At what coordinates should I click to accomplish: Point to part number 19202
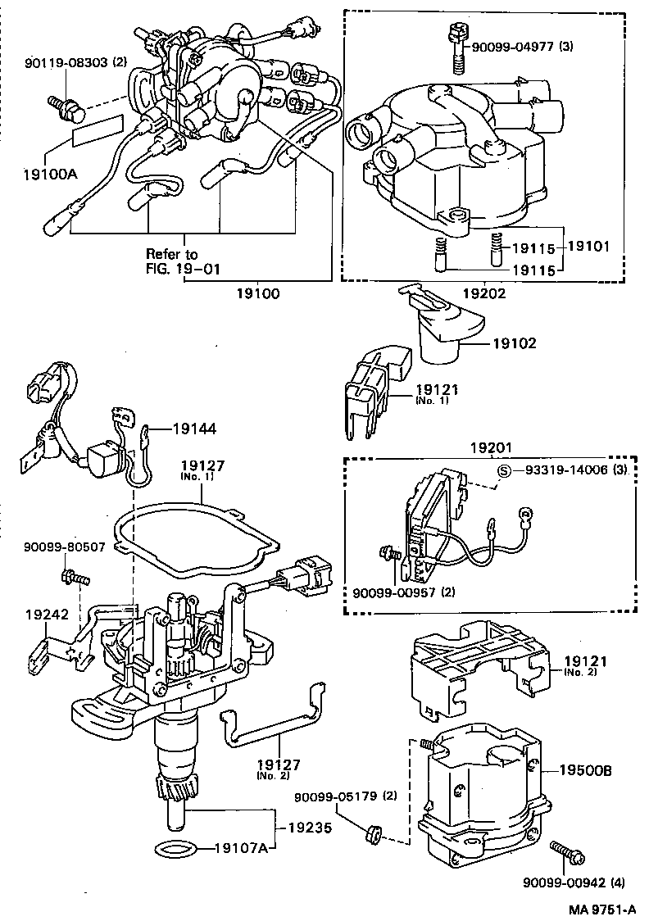point(484,292)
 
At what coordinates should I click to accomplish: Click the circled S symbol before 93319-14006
point(506,470)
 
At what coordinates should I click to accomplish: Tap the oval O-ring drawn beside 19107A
point(175,847)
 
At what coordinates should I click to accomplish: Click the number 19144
point(194,428)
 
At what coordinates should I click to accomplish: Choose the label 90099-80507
point(63,547)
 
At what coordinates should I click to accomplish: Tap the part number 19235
point(310,828)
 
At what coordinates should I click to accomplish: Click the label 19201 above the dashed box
point(490,447)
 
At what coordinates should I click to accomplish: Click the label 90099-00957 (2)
point(405,592)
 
